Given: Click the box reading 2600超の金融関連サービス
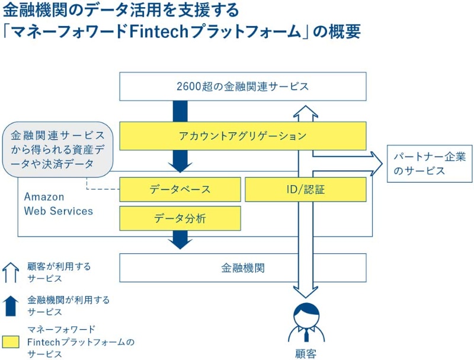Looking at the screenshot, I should tap(243, 87).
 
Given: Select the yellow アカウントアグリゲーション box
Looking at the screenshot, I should tap(243, 136).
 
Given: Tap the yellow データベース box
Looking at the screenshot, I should tap(180, 190).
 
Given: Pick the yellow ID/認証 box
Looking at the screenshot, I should tap(305, 190).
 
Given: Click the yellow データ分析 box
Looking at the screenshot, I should tap(180, 218).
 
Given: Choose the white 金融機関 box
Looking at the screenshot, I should tap(243, 267).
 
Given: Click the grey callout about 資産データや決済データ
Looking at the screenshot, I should tap(57, 149).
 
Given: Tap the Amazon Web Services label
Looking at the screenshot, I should tap(58, 203).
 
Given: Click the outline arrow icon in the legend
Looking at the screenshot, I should tap(11, 272).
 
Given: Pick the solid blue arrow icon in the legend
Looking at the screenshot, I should tap(11, 305).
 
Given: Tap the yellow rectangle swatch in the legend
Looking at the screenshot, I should tap(11, 342).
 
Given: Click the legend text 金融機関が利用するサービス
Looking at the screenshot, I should tap(68, 305).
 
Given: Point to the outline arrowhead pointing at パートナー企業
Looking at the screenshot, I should tap(374, 163).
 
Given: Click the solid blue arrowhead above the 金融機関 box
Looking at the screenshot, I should tap(180, 240).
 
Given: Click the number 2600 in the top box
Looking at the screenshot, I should tap(191, 87).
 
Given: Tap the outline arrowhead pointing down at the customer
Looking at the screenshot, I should tap(306, 291).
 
